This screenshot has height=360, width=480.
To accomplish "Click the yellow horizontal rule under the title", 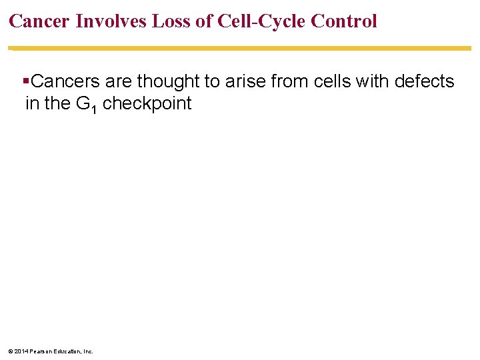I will point(240,48).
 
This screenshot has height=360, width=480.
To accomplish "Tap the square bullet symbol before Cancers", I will point(26,82).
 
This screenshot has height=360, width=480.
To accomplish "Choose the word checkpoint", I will point(147,104).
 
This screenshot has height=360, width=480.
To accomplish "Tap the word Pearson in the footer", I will point(40,351).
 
